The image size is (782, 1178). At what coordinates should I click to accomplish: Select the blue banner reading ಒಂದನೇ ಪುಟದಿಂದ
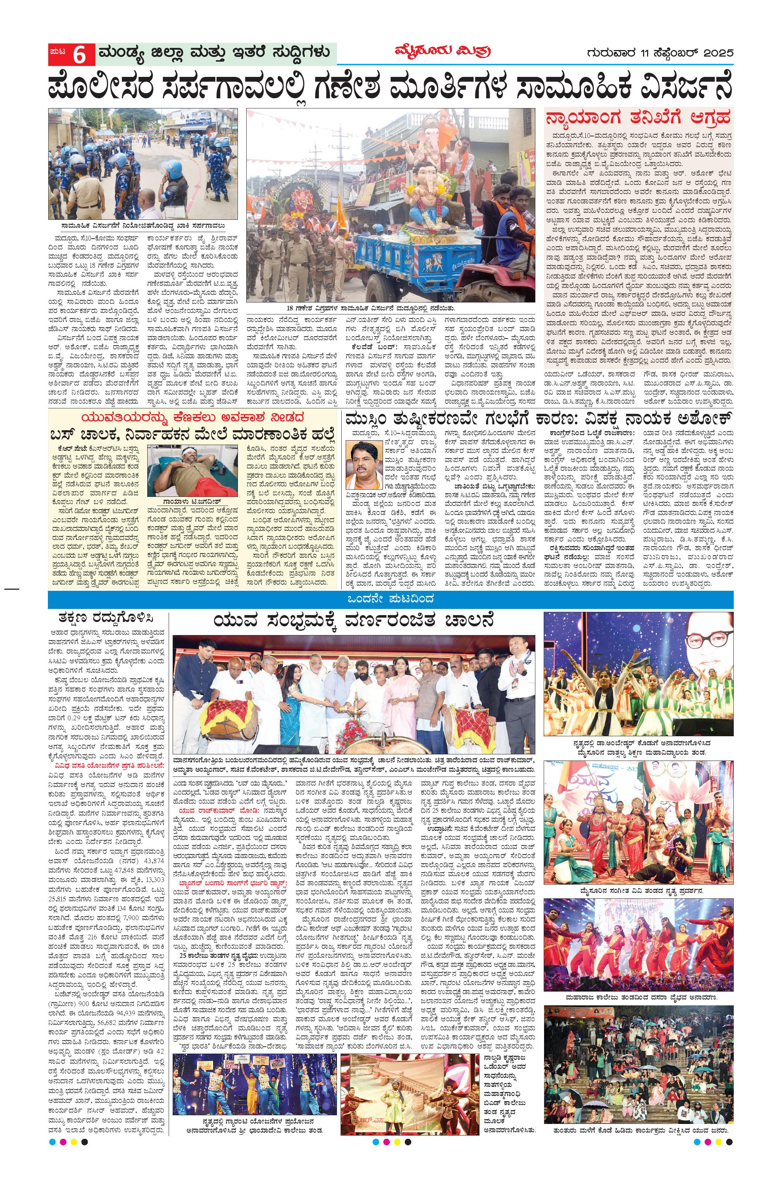pyautogui.click(x=391, y=597)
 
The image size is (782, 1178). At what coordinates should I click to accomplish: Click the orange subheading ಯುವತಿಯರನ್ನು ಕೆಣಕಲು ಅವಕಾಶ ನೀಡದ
pyautogui.click(x=194, y=417)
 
